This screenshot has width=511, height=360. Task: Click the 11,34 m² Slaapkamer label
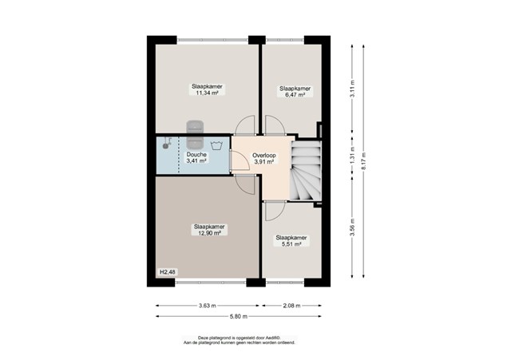pyautogui.click(x=207, y=89)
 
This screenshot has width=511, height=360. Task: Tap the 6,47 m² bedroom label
pyautogui.click(x=295, y=92)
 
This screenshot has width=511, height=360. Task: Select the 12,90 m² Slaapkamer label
pyautogui.click(x=209, y=230)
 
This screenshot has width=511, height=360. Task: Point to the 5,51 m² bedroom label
pyautogui.click(x=291, y=241)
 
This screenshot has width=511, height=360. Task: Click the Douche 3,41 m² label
pyautogui.click(x=196, y=157)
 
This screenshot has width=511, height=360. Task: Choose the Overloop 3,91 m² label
pyautogui.click(x=264, y=158)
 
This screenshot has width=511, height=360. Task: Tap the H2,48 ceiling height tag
pyautogui.click(x=168, y=271)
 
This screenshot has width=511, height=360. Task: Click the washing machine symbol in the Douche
pyautogui.click(x=216, y=145)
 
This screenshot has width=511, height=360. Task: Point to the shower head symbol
pyautogui.click(x=167, y=143)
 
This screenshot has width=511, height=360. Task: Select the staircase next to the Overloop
pyautogui.click(x=306, y=170)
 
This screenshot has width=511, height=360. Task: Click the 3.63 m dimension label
pyautogui.click(x=208, y=306)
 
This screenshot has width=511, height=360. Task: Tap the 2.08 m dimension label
pyautogui.click(x=291, y=306)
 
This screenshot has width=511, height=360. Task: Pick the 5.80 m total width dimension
pyautogui.click(x=239, y=316)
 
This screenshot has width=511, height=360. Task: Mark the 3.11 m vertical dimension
pyautogui.click(x=352, y=89)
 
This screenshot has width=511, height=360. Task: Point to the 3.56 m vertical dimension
pyautogui.click(x=352, y=227)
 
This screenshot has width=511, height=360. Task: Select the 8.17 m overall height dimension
pyautogui.click(x=364, y=161)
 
